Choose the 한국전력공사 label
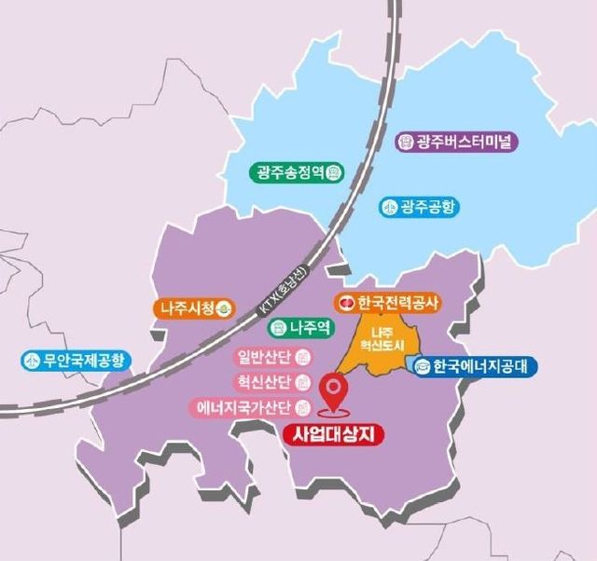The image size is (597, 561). point(388,303)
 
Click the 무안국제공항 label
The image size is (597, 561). point(76,361)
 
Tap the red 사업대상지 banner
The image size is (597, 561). point(333,434)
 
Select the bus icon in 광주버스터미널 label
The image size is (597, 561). point(406,142)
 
